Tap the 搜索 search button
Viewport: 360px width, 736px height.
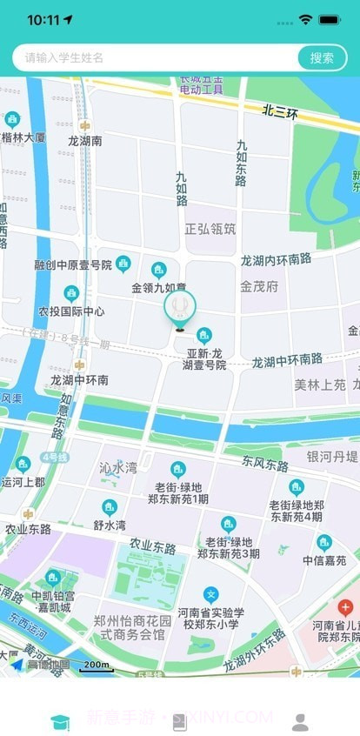point(322,58)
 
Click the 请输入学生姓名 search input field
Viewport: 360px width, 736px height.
point(157,58)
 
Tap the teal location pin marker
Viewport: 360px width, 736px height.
point(180,306)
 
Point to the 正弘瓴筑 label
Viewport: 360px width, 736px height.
point(210,229)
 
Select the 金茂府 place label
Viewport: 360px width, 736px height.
point(259,285)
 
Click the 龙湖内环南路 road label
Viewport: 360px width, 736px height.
point(276,259)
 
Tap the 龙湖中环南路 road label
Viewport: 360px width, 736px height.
point(287,359)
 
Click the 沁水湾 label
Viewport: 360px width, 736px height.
point(117,468)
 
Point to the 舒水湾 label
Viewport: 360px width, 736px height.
point(110,525)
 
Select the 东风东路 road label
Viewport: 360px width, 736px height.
point(265,465)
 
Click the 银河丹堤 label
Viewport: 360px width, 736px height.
point(332,457)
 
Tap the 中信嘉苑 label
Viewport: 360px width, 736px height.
point(324,561)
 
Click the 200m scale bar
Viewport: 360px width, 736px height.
point(97,666)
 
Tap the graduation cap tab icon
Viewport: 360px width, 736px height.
point(60,721)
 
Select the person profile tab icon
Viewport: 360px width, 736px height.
point(300,721)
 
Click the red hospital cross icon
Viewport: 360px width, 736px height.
point(345,607)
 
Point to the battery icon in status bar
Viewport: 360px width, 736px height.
point(330,19)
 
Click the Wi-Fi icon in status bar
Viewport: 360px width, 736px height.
point(305,19)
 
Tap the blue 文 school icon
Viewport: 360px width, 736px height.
point(210,595)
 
